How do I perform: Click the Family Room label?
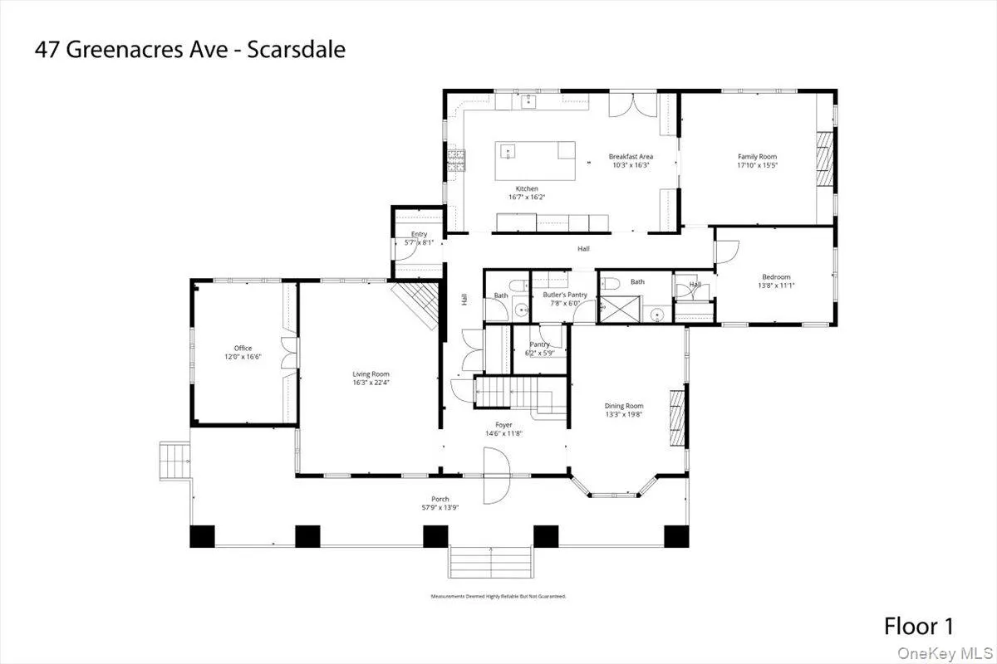[757, 156]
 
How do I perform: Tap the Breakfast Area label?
[631, 156]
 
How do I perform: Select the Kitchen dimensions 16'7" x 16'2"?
[527, 198]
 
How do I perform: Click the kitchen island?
[535, 161]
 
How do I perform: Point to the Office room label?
[243, 348]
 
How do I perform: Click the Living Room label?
[371, 374]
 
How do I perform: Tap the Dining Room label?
[623, 406]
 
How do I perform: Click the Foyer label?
[503, 424]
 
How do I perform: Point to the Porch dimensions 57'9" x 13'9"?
[440, 507]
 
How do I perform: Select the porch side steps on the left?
[175, 461]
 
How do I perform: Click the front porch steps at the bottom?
[490, 562]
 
